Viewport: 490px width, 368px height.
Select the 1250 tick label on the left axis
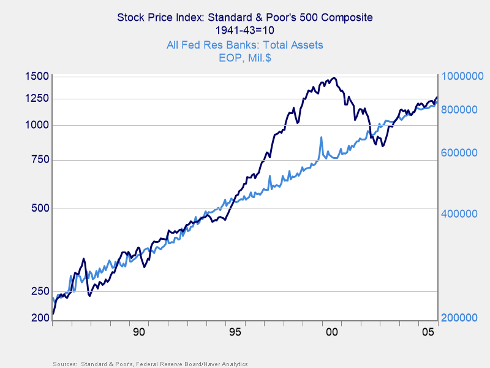(37, 98)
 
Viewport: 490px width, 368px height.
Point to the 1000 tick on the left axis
(37, 125)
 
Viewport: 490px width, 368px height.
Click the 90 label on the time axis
(138, 332)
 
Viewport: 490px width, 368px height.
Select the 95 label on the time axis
(235, 332)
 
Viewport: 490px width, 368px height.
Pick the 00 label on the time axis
(331, 332)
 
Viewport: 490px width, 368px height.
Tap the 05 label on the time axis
(428, 332)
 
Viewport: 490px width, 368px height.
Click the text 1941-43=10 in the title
(244, 29)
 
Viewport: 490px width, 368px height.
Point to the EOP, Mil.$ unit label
(244, 58)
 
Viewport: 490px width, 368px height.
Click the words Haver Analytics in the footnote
(224, 364)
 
